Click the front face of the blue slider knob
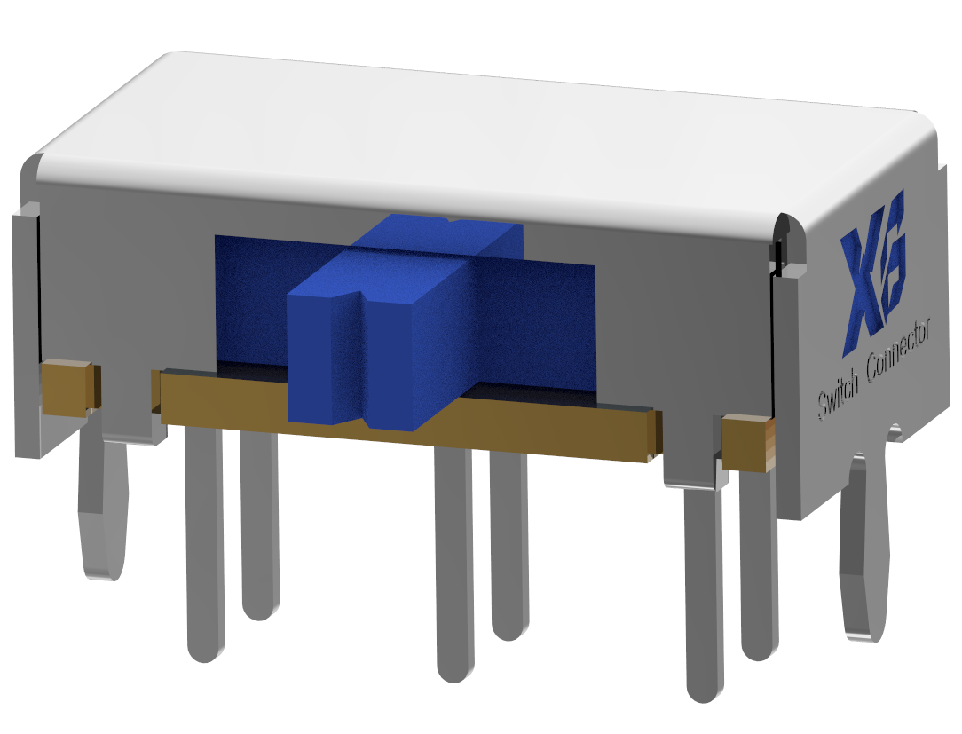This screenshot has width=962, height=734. pyautogui.click(x=368, y=362)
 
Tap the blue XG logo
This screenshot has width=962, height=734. pyautogui.click(x=872, y=270)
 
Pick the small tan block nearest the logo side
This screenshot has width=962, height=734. pyautogui.click(x=747, y=443)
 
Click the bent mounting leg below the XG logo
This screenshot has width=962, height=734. pyautogui.click(x=866, y=546)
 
